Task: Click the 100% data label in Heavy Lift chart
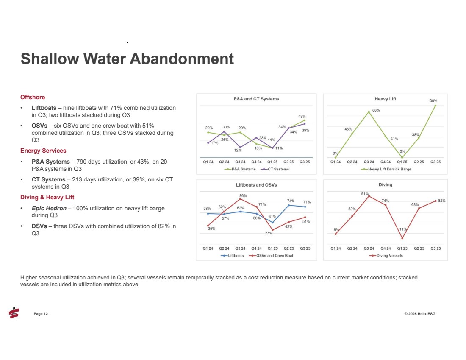(432, 101)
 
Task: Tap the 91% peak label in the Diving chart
(364, 193)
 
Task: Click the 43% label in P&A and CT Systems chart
(302, 116)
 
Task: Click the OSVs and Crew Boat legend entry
(272, 255)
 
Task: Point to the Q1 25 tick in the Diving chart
(402, 248)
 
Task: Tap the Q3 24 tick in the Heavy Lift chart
(369, 162)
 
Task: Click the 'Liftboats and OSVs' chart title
(256, 185)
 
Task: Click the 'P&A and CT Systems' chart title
(256, 99)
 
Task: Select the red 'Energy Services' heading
(43, 151)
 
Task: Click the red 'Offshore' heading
(33, 97)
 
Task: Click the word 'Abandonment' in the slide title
(181, 59)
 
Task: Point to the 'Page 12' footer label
(41, 314)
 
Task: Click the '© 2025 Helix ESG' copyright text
(419, 314)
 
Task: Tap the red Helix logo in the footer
(14, 313)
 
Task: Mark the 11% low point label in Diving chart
(403, 229)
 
